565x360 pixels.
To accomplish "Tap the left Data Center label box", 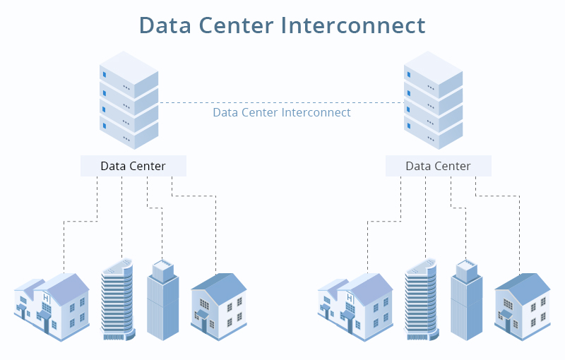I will click(x=133, y=166).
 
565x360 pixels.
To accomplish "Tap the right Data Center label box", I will click(x=438, y=166).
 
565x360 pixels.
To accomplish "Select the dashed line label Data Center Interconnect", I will click(x=282, y=112).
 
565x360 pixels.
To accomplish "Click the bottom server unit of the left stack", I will click(x=129, y=131).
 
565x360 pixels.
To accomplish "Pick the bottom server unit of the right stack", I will click(x=433, y=131).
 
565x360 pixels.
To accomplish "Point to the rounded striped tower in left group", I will click(x=117, y=300).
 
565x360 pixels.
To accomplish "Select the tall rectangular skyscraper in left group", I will click(x=163, y=300).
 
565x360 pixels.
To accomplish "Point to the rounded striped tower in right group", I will click(x=421, y=300).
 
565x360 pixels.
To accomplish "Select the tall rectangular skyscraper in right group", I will click(x=467, y=300).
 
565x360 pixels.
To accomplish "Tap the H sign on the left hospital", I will click(x=46, y=298).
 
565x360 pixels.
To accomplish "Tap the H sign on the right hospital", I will click(x=350, y=298).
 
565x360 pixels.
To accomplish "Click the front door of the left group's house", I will click(x=204, y=325).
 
